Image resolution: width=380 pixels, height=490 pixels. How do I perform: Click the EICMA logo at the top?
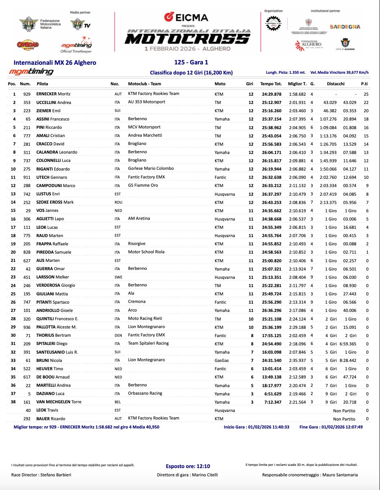point(186,17)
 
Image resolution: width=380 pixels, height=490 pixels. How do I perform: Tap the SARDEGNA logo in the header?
point(345,27)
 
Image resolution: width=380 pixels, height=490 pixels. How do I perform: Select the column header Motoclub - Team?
point(144,84)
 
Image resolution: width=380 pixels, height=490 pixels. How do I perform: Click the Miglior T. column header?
point(297,84)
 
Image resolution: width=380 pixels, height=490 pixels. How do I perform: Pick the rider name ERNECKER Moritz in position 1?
point(53,94)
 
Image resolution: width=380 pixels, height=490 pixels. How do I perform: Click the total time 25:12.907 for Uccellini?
point(272,103)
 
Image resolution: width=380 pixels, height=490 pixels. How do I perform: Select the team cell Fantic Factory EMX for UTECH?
point(146,177)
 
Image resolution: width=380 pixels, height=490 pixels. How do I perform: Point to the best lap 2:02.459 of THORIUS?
point(297,336)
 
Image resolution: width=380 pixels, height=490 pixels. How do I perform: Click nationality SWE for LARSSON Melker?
point(118,277)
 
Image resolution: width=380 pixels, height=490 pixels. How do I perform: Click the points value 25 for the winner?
point(366,94)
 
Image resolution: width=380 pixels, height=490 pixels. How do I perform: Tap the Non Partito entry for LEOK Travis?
point(344,411)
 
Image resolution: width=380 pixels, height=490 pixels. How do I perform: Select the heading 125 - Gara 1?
point(191,62)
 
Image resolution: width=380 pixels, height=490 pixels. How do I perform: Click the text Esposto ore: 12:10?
point(188,466)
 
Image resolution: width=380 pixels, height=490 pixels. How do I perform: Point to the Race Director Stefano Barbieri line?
point(41,475)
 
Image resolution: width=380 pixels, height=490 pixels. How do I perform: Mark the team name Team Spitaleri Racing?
point(148,343)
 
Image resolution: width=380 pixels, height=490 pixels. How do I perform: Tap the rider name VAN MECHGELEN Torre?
point(59,402)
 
